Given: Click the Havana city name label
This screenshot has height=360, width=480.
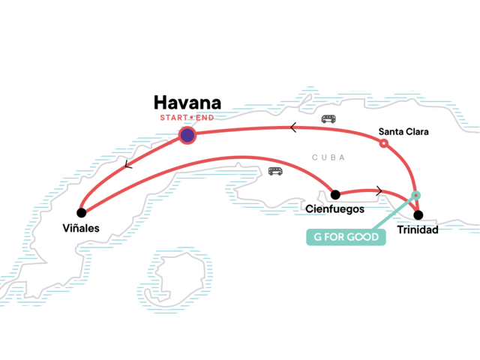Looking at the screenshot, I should tap(187, 103).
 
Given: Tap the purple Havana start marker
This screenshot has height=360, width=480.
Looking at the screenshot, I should tap(187, 135).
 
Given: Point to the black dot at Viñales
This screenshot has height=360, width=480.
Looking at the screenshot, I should tap(81, 212).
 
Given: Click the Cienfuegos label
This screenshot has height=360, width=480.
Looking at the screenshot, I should tap(335, 208).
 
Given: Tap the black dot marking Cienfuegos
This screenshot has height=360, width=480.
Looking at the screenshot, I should tap(335, 195).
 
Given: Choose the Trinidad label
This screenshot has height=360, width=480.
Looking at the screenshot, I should tap(418, 229).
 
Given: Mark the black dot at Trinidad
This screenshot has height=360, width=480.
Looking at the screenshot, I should tap(418, 214).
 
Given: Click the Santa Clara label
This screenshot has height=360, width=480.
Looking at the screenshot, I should tap(403, 133).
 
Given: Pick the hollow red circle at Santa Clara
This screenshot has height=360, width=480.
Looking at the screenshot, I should tap(384, 142).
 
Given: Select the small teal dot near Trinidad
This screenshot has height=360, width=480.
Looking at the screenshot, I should tap(417, 196).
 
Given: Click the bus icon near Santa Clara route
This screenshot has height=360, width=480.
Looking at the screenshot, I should tap(329, 119).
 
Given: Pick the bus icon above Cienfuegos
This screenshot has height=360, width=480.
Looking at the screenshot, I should tap(276, 171).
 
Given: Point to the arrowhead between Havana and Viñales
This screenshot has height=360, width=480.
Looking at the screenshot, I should tap(129, 165).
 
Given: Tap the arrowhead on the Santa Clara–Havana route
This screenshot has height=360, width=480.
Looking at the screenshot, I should tap(293, 127).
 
